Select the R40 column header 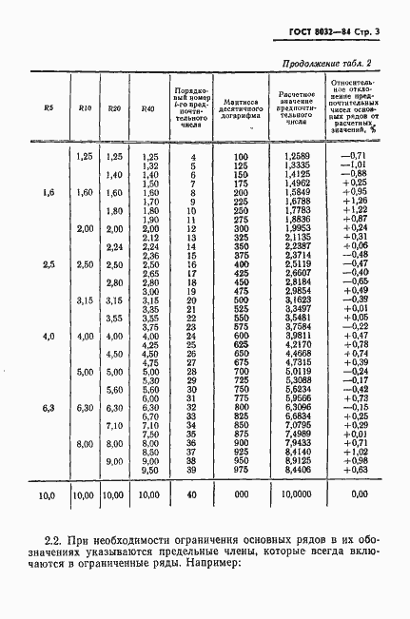146,108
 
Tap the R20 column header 113,108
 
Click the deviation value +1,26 353,201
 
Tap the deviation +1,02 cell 353,454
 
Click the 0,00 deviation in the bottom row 358,495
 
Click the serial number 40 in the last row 193,495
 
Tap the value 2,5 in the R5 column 49,263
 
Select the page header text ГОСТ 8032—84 315,34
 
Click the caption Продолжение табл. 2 327,65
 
